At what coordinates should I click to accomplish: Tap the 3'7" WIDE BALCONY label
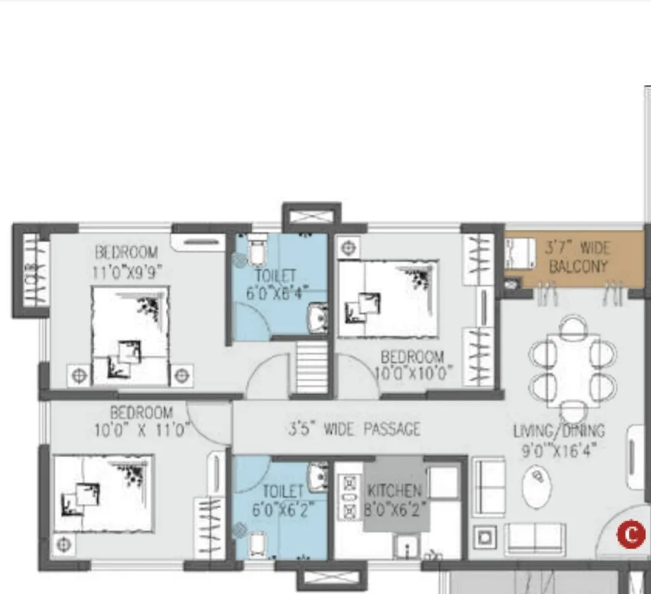[578, 256]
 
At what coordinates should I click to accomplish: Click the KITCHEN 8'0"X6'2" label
[395, 499]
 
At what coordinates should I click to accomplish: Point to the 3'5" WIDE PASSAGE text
[354, 430]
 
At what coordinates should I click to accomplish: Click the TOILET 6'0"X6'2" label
[282, 500]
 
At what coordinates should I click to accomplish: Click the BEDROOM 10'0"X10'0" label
[413, 365]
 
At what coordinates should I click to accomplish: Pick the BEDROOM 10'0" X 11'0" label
[141, 421]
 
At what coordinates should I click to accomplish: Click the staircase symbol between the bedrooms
[311, 367]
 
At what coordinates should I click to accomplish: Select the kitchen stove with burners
[349, 497]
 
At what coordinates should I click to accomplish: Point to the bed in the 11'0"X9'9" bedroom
[131, 335]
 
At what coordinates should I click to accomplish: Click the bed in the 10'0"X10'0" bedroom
[388, 298]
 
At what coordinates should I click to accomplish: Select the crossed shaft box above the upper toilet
[311, 217]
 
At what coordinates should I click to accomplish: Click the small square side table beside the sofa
[484, 537]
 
